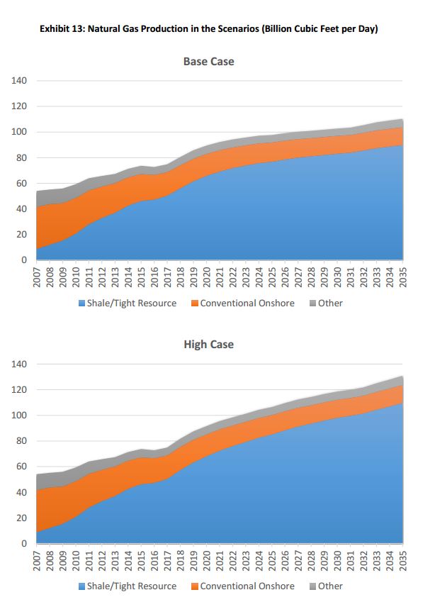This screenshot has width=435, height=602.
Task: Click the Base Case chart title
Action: pos(208,62)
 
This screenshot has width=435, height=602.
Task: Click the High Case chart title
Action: pos(208,345)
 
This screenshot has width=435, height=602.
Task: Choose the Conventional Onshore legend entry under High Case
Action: pos(247,586)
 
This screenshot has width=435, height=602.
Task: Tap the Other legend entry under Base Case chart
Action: pos(330,303)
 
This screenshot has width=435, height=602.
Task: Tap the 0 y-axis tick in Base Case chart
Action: pos(24,260)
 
